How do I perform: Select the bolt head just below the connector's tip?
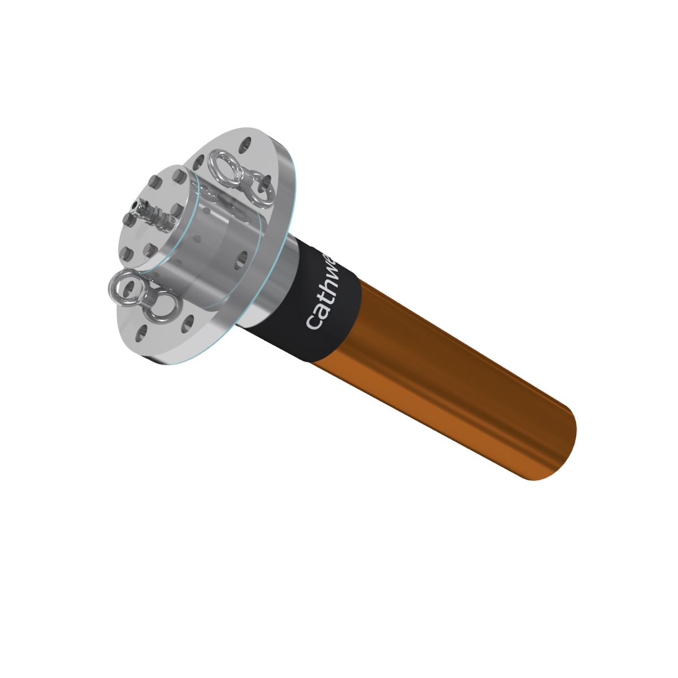(128, 217)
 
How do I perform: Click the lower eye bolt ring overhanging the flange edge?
(123, 287)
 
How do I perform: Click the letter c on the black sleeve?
(314, 322)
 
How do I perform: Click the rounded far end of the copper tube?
(557, 446)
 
